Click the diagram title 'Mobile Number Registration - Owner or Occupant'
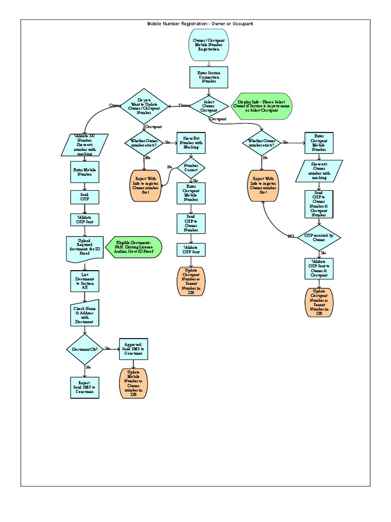tap(200, 24)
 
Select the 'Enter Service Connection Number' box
tap(209, 77)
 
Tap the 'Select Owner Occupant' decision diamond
tap(209, 106)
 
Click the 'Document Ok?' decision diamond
tap(85, 349)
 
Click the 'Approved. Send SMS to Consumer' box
tap(133, 349)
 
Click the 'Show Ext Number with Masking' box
tap(191, 144)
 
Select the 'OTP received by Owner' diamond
tap(319, 238)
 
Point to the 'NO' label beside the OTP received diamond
tap(291, 237)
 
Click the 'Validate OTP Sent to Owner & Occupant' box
tap(319, 268)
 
